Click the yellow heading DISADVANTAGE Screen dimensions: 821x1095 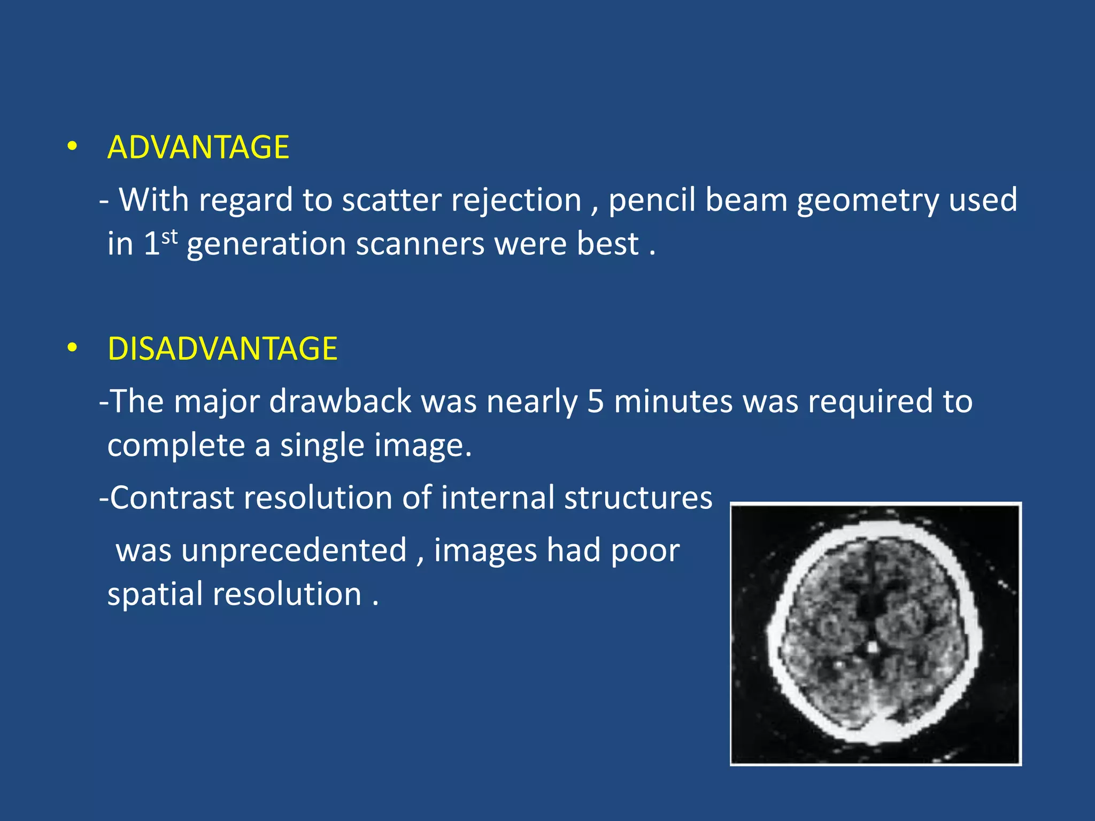tap(222, 348)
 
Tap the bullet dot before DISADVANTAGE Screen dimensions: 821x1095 tap(72, 347)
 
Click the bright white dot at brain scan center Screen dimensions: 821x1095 tap(872, 647)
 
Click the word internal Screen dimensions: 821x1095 tap(497, 498)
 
